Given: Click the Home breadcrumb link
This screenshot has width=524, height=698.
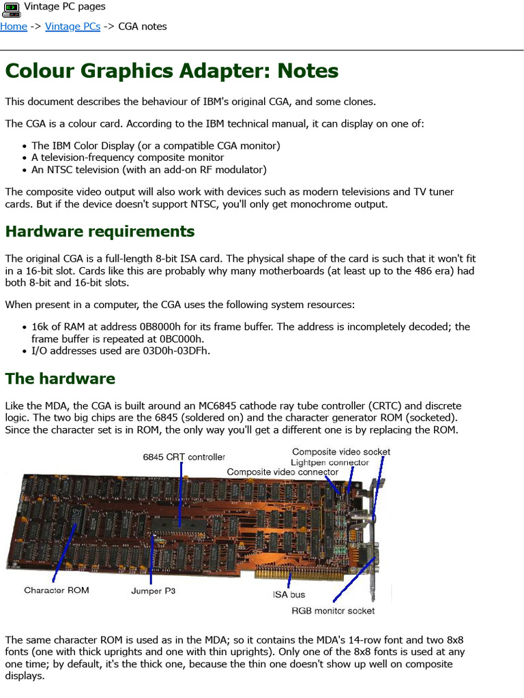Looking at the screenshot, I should click(14, 27).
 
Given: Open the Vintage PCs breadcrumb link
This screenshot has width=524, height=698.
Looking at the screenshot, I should click(72, 27).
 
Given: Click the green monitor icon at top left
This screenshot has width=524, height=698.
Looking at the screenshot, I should click(10, 8).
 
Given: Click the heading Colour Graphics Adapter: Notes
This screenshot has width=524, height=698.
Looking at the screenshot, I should click(172, 71).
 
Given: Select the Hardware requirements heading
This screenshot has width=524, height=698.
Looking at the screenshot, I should click(100, 231).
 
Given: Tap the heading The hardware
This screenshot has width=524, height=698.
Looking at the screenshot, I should click(60, 378).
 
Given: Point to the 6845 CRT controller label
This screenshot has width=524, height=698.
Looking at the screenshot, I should click(184, 457).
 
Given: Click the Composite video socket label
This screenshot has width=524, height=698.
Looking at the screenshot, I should click(341, 451).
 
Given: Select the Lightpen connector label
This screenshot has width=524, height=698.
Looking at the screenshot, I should click(330, 462).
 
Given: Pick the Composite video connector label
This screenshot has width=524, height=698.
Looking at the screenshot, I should click(282, 472).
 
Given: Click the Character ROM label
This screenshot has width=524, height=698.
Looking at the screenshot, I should click(57, 590).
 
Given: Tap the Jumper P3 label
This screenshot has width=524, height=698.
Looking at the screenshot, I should click(153, 591).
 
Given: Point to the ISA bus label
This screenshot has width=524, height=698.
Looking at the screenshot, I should click(289, 595).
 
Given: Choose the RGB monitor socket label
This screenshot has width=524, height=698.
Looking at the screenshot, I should click(333, 611).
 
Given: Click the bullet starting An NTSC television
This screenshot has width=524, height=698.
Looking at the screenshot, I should click(149, 170).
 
